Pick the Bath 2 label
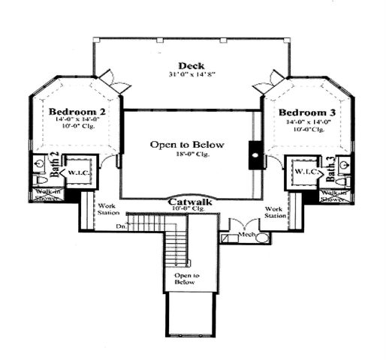[54, 163]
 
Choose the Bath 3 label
[330, 166]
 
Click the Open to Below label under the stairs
[187, 280]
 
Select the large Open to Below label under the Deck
[187, 145]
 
